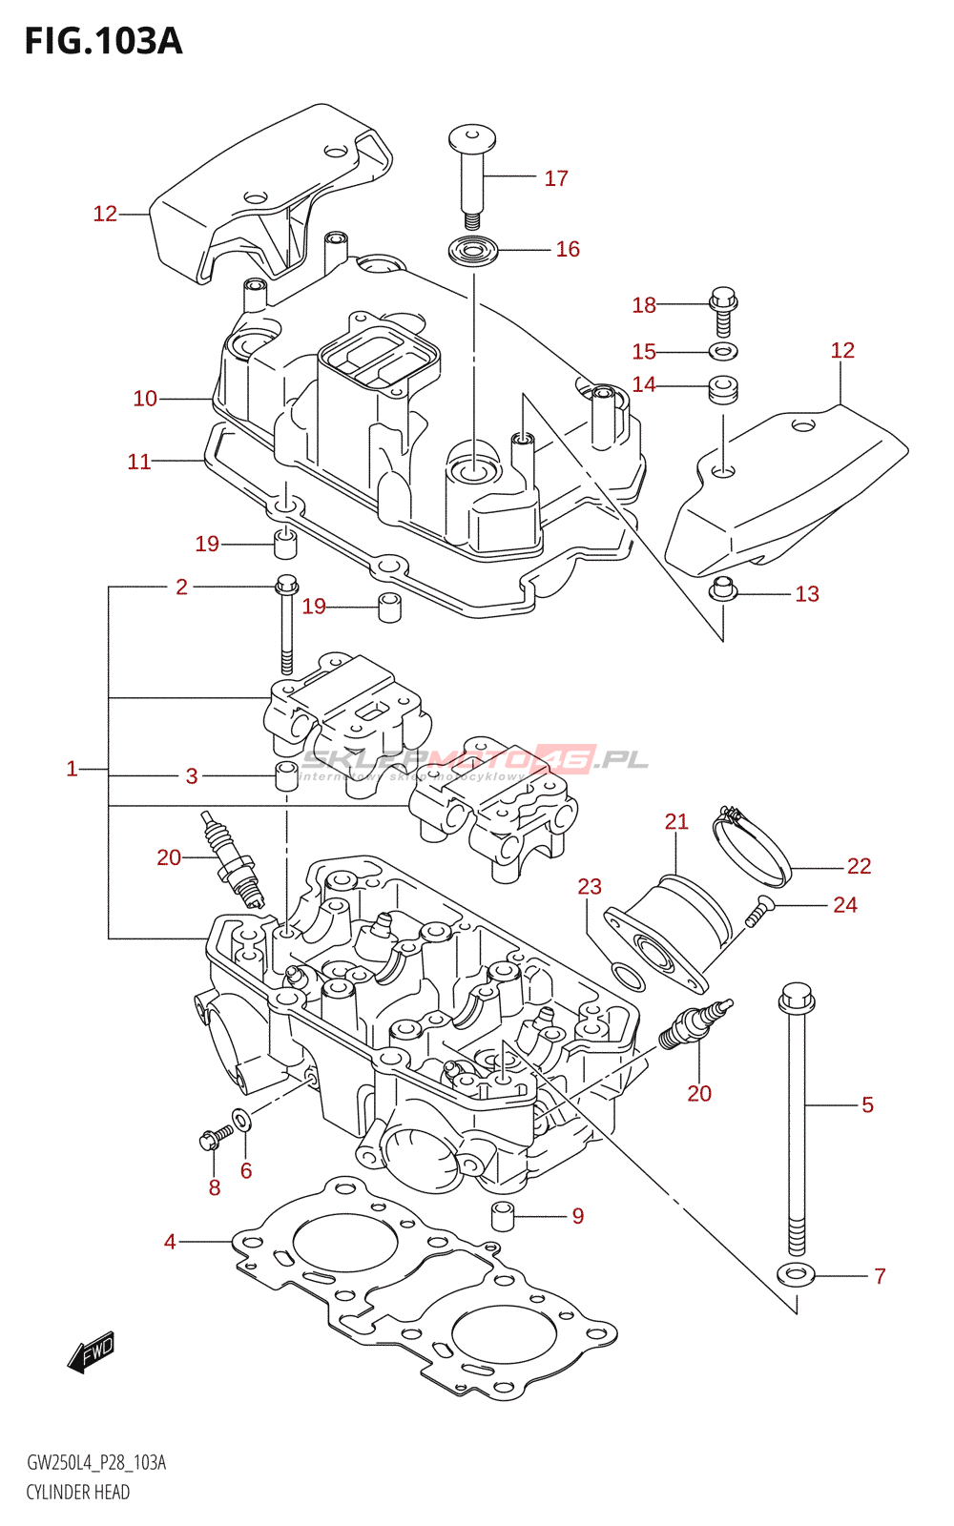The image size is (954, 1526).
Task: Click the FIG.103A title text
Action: coord(103,41)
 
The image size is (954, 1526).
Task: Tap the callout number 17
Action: coord(556,178)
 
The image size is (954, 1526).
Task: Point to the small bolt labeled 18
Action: coord(723,309)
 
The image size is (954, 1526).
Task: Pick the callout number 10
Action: coord(145,399)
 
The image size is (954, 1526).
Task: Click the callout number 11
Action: coord(139,462)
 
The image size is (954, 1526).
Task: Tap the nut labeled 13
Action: coord(723,590)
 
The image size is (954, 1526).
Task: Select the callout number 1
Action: coord(72,769)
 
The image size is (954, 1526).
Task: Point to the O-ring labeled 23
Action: coord(626,977)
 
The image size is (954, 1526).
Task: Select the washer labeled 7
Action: coord(795,1273)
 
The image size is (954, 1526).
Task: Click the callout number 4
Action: coord(170,1242)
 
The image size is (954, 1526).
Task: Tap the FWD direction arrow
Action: coord(92,1351)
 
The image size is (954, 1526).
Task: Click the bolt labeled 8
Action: coord(214,1137)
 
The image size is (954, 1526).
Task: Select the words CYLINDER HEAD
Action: coord(78,1493)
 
